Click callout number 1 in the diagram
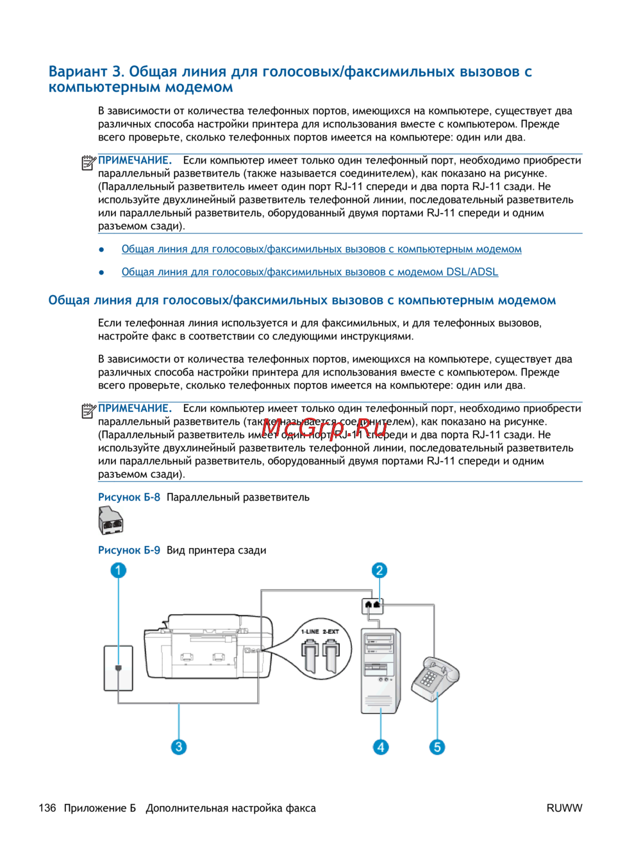[118, 570]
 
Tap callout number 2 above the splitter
[379, 570]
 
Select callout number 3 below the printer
[179, 747]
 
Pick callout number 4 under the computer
[381, 747]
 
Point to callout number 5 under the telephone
[437, 747]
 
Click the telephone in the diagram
[435, 679]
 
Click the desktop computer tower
[381, 669]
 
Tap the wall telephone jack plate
[119, 668]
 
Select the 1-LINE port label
[310, 632]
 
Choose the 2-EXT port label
[331, 632]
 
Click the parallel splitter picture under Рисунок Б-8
[111, 520]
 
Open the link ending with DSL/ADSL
[310, 272]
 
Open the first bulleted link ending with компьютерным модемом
[321, 250]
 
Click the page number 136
[47, 808]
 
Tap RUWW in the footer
[564, 808]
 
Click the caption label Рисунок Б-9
[129, 551]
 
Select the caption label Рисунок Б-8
[129, 497]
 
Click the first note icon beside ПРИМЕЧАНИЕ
[88, 163]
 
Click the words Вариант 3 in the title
[86, 72]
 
